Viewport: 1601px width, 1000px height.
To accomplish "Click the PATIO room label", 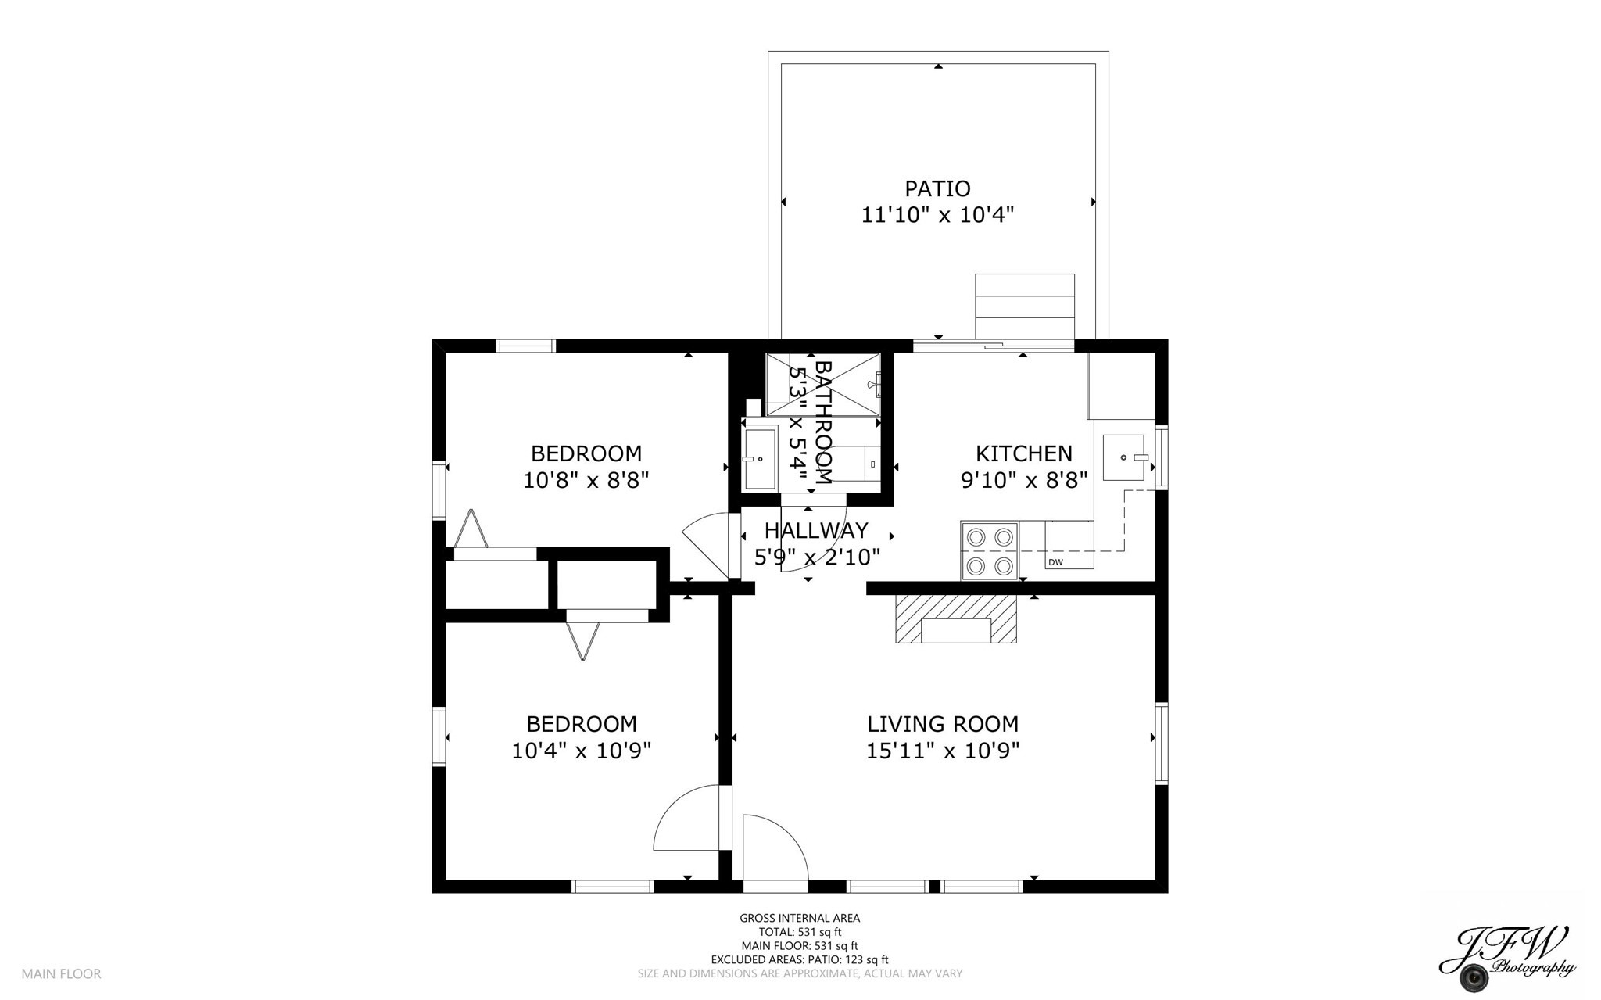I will pos(937,188).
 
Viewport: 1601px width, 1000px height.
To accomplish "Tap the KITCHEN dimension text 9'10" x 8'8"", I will pos(1023,480).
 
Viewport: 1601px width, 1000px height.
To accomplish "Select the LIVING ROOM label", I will pos(942,724).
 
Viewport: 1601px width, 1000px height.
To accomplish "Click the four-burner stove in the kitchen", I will pos(990,550).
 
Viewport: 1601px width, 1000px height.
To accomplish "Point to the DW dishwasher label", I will pos(1055,562).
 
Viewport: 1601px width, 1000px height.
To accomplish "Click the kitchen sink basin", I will pos(1123,457).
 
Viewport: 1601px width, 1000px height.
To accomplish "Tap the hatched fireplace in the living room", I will pos(956,618).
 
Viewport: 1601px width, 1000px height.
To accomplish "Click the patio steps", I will pos(1024,306).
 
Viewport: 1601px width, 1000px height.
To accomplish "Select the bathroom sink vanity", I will pos(759,458).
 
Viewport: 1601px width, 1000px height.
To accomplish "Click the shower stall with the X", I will pos(822,384).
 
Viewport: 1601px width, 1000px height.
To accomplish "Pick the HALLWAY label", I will pos(816,531).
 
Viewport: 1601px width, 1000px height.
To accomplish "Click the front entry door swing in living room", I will pos(774,848).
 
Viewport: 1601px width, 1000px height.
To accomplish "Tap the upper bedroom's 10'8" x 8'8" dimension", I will pos(586,480).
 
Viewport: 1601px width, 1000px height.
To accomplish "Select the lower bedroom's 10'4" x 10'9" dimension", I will pos(581,751).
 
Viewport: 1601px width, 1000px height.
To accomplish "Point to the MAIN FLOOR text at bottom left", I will pos(61,973).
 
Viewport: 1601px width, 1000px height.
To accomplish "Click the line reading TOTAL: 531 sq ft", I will pos(800,932).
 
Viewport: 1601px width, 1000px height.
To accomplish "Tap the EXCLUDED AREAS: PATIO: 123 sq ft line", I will pos(800,959).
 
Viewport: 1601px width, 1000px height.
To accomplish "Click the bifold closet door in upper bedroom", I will pos(471,529).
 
